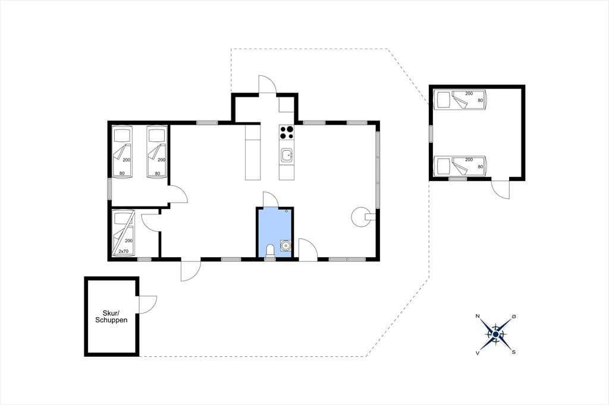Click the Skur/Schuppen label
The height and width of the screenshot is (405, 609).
coord(111,317)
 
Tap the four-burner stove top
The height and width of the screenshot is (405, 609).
coord(287,132)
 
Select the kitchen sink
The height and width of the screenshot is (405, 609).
coord(287,155)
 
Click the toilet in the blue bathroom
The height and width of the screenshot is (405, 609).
coord(269,251)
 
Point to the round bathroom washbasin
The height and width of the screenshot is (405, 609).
coord(285,246)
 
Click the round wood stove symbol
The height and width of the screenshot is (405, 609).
coord(360,217)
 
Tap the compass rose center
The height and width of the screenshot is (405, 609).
coord(495,334)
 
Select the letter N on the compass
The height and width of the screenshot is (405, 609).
coord(478,316)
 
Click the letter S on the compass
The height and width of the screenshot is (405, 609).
coord(513,352)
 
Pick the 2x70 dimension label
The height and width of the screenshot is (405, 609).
coord(123,251)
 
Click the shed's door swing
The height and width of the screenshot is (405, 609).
coord(148,305)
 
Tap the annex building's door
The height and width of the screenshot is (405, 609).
coord(500,189)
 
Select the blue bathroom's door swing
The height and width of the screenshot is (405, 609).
coord(271,200)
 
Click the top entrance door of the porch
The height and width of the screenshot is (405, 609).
coord(268,84)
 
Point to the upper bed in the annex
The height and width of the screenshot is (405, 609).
coord(460,100)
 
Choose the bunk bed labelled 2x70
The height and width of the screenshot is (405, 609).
coord(123,233)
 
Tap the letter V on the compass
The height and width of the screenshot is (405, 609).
coord(477,353)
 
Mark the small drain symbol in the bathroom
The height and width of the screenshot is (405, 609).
coord(286,211)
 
